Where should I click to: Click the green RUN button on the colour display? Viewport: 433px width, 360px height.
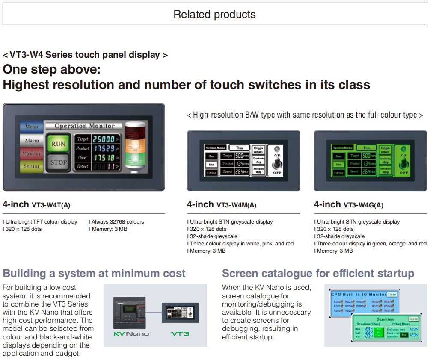[58, 144]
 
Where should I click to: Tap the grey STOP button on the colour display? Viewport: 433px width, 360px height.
[58, 162]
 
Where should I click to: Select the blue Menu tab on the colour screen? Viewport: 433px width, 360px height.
[31, 127]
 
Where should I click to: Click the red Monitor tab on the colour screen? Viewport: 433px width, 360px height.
[31, 153]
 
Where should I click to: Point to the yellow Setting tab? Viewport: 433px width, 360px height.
[31, 166]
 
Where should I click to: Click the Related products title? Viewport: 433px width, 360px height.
[214, 14]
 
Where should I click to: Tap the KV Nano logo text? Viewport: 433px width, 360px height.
[131, 333]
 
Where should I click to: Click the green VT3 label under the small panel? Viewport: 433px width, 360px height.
[180, 333]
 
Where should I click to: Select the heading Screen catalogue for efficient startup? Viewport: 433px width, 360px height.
[318, 274]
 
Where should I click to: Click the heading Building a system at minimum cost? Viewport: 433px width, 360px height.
[94, 274]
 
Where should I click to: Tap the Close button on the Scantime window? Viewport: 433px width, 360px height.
[413, 319]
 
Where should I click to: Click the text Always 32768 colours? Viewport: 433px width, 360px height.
[118, 222]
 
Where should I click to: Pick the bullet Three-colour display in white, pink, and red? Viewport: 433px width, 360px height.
[242, 244]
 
